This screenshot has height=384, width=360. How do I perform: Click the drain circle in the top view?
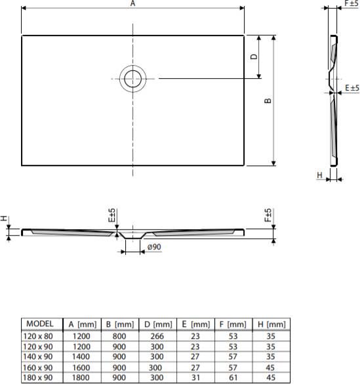[133, 79]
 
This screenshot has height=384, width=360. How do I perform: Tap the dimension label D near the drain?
[253, 57]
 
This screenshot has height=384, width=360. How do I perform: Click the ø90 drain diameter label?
[155, 246]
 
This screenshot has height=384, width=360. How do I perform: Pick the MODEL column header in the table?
[41, 324]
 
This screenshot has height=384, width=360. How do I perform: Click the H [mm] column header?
[271, 324]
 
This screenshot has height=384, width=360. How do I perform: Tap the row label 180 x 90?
[38, 377]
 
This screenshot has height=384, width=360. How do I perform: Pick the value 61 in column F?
[233, 377]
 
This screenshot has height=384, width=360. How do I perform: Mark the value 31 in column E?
[195, 377]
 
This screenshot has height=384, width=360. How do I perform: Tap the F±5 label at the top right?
[351, 4]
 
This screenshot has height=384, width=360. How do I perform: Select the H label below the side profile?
[319, 175]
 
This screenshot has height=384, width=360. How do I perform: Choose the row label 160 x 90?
[38, 367]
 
